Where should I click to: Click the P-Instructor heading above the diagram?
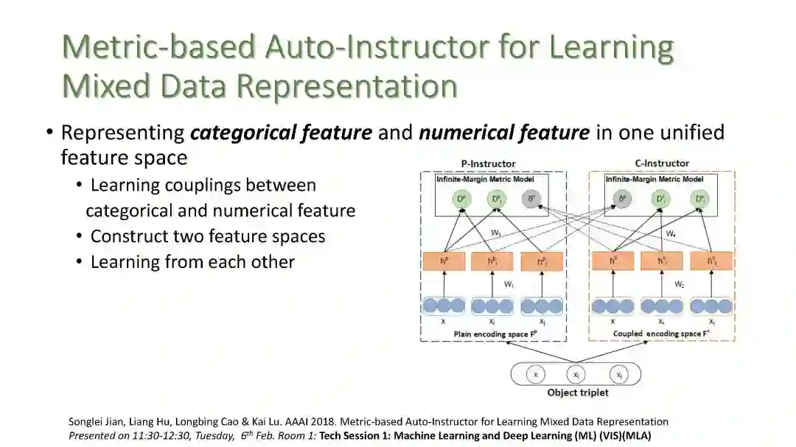(x=488, y=163)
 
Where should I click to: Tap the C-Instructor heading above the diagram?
(x=662, y=163)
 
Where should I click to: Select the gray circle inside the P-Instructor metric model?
(x=529, y=198)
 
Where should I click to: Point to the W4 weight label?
(x=671, y=234)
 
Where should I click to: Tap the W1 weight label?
(x=508, y=284)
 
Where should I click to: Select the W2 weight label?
(x=680, y=284)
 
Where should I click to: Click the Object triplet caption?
(x=578, y=393)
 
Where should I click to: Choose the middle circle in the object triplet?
(x=578, y=375)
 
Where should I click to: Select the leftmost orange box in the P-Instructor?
(x=444, y=261)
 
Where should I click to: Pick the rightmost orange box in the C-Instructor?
(x=711, y=261)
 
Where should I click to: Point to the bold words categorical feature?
(x=281, y=133)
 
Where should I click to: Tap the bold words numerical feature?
(x=504, y=133)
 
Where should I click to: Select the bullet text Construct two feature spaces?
(x=208, y=236)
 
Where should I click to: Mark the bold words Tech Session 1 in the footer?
(x=353, y=435)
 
